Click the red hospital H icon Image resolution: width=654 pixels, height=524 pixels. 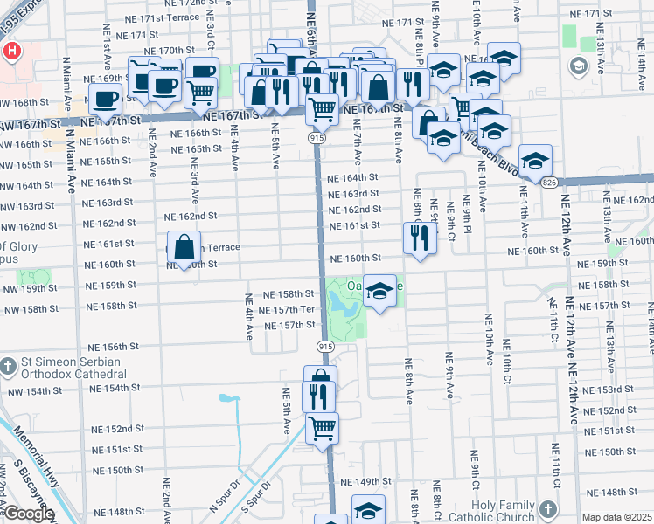[10, 51]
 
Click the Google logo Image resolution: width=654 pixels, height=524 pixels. [28, 514]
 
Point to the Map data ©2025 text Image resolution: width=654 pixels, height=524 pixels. [617, 517]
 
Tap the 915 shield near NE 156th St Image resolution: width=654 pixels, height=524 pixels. [325, 347]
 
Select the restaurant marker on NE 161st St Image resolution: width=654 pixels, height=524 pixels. [420, 238]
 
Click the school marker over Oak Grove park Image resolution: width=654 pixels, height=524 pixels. [379, 292]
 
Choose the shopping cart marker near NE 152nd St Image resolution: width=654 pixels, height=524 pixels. [323, 428]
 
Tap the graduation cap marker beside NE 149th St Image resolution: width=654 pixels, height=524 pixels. [368, 510]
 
